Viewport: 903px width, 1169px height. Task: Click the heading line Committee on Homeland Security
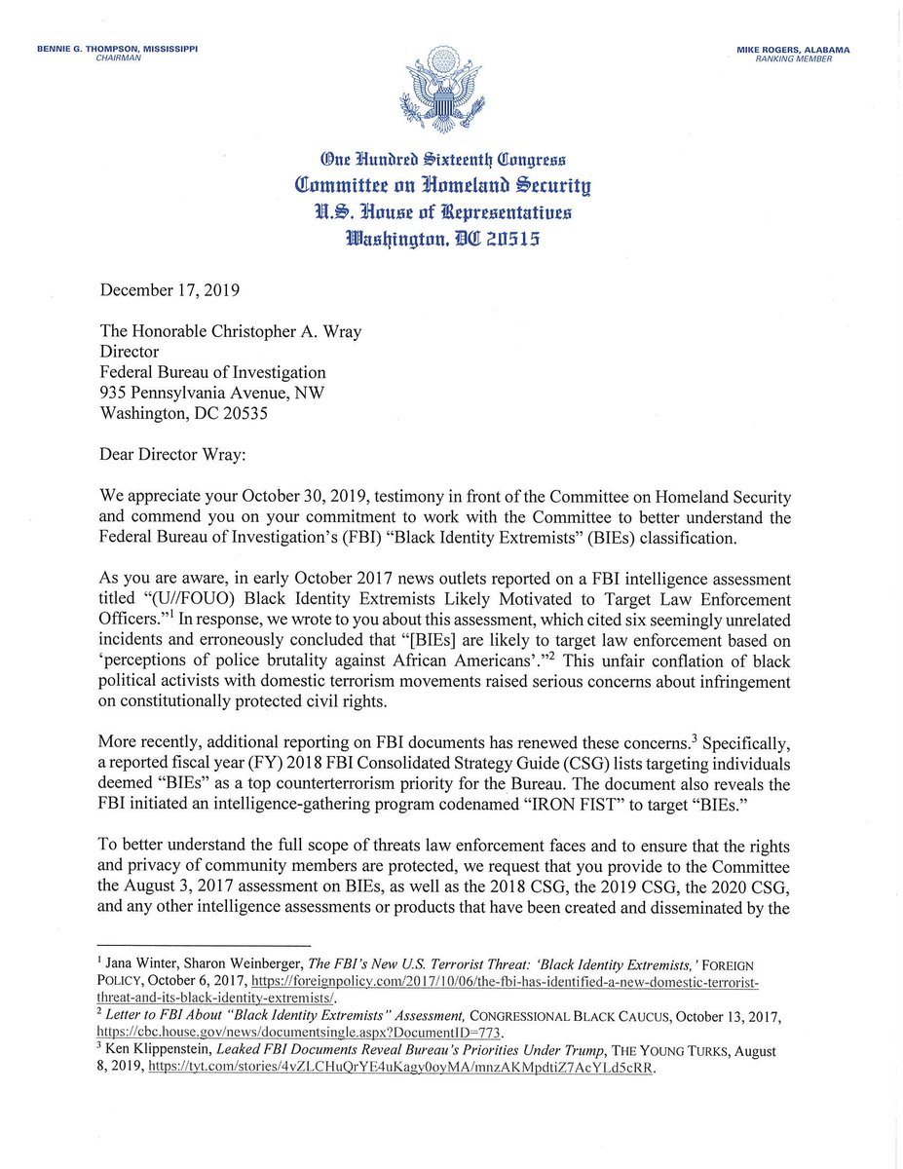tap(453, 186)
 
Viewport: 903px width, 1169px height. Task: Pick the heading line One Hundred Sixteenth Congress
tap(453, 161)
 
